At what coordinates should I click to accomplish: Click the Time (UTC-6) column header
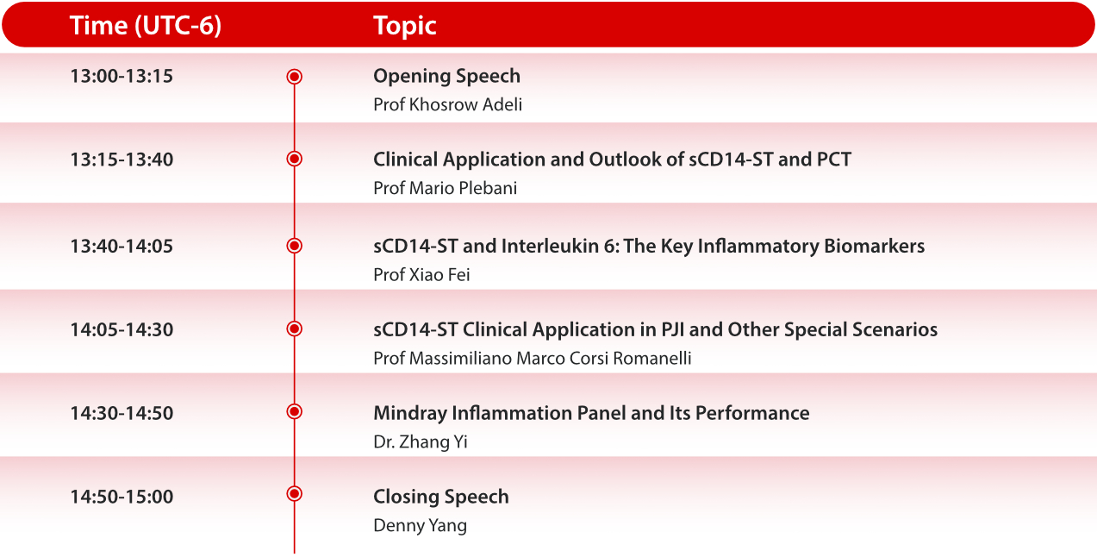pyautogui.click(x=146, y=26)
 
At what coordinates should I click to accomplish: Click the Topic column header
pyautogui.click(x=404, y=26)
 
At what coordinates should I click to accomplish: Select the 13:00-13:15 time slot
pyautogui.click(x=122, y=76)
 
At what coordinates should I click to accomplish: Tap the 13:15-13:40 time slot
pyautogui.click(x=122, y=160)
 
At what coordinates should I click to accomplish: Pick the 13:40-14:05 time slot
pyautogui.click(x=122, y=246)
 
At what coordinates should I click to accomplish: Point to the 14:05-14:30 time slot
pyautogui.click(x=122, y=329)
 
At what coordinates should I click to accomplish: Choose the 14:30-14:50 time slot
pyautogui.click(x=122, y=413)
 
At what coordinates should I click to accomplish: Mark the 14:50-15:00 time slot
pyautogui.click(x=122, y=497)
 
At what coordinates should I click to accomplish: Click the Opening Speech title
pyautogui.click(x=446, y=76)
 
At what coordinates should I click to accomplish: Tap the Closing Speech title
pyautogui.click(x=440, y=497)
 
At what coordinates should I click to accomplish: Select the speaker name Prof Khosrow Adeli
pyautogui.click(x=447, y=104)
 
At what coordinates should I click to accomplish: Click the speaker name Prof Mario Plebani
pyautogui.click(x=445, y=188)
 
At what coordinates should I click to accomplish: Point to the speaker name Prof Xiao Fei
pyautogui.click(x=421, y=274)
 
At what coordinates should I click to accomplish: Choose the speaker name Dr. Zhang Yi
pyautogui.click(x=421, y=442)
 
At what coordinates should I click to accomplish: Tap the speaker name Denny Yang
pyautogui.click(x=420, y=525)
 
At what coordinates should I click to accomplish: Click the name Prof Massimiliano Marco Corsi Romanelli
pyautogui.click(x=532, y=358)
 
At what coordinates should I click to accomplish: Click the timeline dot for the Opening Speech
pyautogui.click(x=294, y=77)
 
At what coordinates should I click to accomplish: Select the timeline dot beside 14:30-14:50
pyautogui.click(x=294, y=412)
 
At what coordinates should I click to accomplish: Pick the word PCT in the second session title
pyautogui.click(x=833, y=160)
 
